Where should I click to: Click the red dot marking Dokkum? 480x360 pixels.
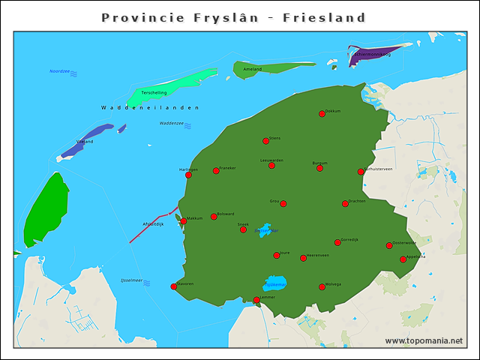point(322,114)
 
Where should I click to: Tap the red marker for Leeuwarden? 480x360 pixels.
point(271,166)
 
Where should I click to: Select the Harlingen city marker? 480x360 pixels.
point(188,175)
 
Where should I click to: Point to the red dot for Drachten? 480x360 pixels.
point(345,203)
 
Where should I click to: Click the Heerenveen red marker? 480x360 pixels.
point(303,258)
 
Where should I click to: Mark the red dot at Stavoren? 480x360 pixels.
point(174,286)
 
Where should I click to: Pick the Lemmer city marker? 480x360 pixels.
point(256,300)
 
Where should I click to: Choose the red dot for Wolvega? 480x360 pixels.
point(322,286)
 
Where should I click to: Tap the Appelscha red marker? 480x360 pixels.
point(403,259)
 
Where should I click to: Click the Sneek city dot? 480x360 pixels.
point(243,229)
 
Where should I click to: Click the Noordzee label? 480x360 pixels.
point(59,71)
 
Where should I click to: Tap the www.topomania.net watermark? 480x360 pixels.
point(424,340)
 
